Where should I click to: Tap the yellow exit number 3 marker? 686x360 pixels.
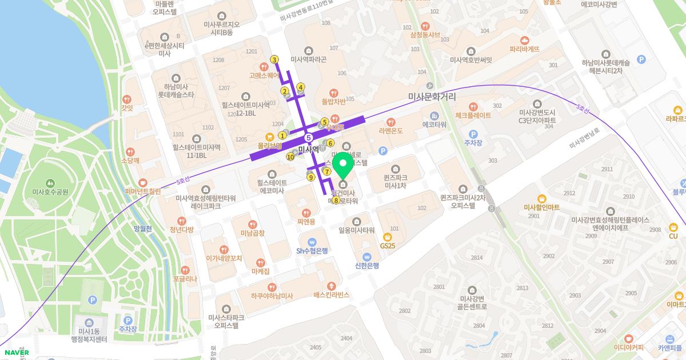pyautogui.click(x=274, y=60)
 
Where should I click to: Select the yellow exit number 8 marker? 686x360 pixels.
pyautogui.click(x=336, y=201)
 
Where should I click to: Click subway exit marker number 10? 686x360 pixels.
pyautogui.click(x=290, y=157)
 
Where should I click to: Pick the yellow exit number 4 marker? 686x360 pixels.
pyautogui.click(x=301, y=87)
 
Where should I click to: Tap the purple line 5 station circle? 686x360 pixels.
pyautogui.click(x=309, y=138)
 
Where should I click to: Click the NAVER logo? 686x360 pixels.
pyautogui.click(x=15, y=352)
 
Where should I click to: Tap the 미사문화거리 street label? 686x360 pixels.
pyautogui.click(x=432, y=97)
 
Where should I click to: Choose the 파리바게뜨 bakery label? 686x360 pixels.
pyautogui.click(x=525, y=49)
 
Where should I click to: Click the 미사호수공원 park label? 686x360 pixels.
pyautogui.click(x=50, y=191)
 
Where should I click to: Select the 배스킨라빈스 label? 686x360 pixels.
pyautogui.click(x=331, y=295)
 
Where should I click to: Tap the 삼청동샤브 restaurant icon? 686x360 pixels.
pyautogui.click(x=424, y=26)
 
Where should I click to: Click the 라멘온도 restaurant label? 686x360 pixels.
pyautogui.click(x=390, y=130)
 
